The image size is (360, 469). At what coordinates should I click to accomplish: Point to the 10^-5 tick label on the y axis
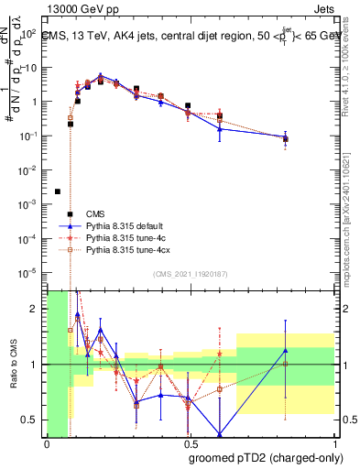point(32,272)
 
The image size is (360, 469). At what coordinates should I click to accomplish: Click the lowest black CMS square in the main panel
point(58,191)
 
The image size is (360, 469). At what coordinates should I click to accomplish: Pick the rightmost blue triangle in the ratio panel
point(286,351)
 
